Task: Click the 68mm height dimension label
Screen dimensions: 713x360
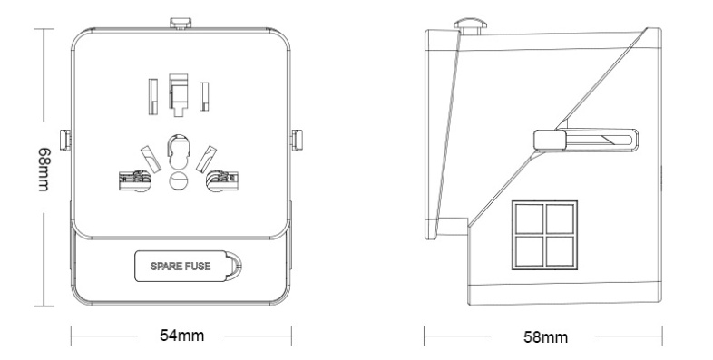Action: [x=44, y=169]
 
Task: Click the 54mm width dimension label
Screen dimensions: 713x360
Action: [x=182, y=336]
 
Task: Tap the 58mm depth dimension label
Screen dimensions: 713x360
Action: [x=546, y=337]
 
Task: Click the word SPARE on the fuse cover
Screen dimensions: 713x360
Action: [x=167, y=267]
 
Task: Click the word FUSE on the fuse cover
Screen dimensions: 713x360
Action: [x=199, y=267]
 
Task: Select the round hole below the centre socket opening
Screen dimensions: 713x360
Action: [x=178, y=181]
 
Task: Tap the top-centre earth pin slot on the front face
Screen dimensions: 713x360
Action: [x=178, y=94]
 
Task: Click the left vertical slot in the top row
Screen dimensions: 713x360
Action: [x=153, y=96]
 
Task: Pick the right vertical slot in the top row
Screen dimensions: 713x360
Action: [x=204, y=96]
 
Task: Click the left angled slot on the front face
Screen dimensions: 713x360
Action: [x=151, y=159]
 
